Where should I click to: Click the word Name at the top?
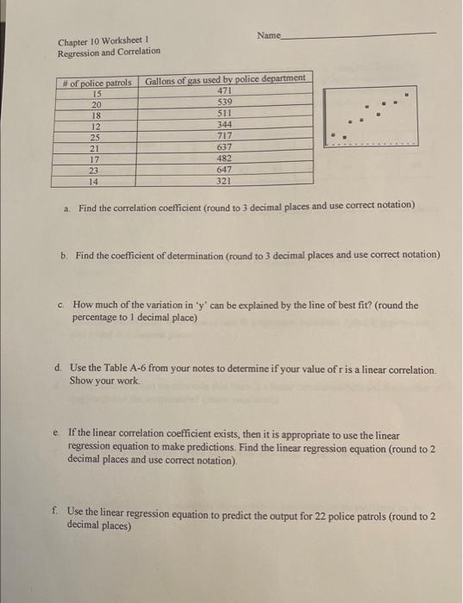(269, 35)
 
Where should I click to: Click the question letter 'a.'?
(67, 207)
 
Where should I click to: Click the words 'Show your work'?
(102, 381)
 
